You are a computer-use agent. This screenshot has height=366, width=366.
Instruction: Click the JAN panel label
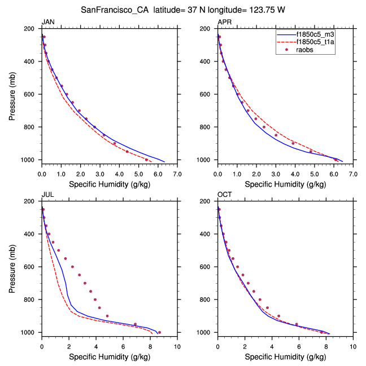pyautogui.click(x=48, y=22)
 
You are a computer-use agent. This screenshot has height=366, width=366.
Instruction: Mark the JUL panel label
pyautogui.click(x=47, y=195)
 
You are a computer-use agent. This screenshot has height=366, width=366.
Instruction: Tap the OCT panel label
pyautogui.click(x=225, y=195)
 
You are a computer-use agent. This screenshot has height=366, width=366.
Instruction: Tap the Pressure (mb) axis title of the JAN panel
pyautogui.click(x=12, y=94)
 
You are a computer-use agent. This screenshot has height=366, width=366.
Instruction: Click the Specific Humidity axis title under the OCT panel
pyautogui.click(x=285, y=357)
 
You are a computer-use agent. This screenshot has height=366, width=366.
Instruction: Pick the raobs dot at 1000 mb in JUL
pyautogui.click(x=159, y=332)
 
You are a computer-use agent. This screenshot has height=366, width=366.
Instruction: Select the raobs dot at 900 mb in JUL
pyautogui.click(x=107, y=316)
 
